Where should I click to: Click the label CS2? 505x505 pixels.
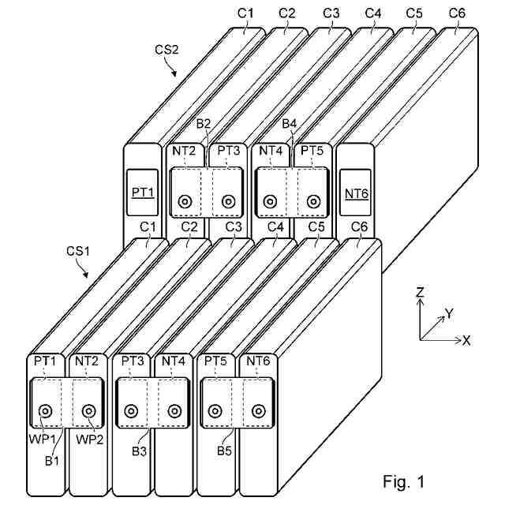coord(166,50)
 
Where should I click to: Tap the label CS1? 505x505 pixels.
coord(78,251)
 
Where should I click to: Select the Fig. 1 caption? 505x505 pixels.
coord(404,482)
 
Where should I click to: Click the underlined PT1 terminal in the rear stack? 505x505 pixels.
coord(143,193)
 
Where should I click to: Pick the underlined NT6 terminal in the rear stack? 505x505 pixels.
coord(357,194)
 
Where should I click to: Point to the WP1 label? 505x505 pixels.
coord(43,440)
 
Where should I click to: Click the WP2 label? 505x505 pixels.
coord(89,440)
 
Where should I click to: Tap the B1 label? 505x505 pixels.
coord(52,461)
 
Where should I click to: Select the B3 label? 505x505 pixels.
coord(139,451)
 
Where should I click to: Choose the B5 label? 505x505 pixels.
coord(224,451)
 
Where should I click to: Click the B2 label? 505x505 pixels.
coord(204,124)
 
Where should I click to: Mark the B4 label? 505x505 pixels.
coord(290,124)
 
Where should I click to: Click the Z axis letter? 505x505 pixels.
coord(420,292)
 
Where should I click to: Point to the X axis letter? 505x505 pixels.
coord(466,340)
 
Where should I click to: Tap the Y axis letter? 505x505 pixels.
coord(449,313)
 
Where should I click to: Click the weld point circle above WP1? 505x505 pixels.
coord(45,411)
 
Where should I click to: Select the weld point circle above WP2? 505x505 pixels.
coord(88,411)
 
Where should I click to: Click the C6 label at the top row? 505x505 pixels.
coord(457,13)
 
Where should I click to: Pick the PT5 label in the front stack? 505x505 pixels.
coord(215,361)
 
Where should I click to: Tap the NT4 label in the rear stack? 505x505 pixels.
coord(271,151)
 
